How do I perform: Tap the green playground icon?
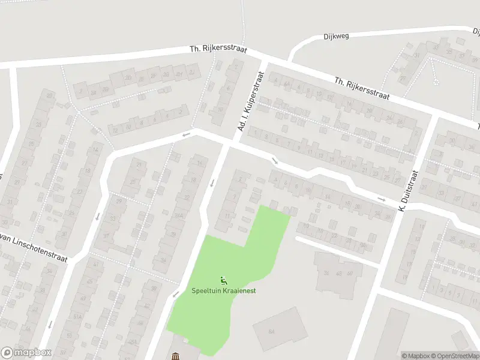pyautogui.click(x=223, y=280)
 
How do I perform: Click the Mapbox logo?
pyautogui.click(x=26, y=353)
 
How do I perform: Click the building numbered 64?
pyautogui.click(x=272, y=331)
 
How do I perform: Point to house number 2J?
pyautogui.click(x=192, y=72)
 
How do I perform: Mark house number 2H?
pyautogui.click(x=179, y=74)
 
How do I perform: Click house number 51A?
pyautogui.click(x=76, y=316)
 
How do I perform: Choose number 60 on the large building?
pyautogui.click(x=349, y=274)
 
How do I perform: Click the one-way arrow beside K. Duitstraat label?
pyautogui.click(x=381, y=199)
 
